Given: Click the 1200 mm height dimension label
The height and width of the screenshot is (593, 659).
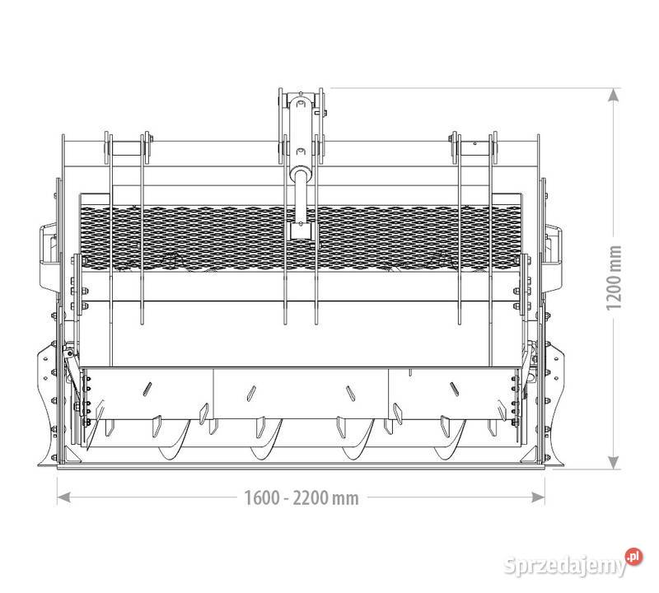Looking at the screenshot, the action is [614, 278].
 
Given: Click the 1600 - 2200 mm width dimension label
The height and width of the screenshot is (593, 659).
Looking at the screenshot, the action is [301, 498].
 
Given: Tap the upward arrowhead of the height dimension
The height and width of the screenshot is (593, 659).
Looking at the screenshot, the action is [614, 95].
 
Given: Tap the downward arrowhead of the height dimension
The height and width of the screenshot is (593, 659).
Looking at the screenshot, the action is [614, 462].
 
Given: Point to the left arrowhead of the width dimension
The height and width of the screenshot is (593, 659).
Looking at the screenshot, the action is [63, 497].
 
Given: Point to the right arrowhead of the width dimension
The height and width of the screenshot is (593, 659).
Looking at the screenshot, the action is [538, 497].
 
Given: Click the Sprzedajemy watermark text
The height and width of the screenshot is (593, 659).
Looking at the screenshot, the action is [565, 565].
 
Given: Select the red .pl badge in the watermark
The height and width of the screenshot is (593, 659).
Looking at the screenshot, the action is [633, 557].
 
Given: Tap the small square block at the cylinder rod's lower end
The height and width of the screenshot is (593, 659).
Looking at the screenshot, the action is [301, 231].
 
